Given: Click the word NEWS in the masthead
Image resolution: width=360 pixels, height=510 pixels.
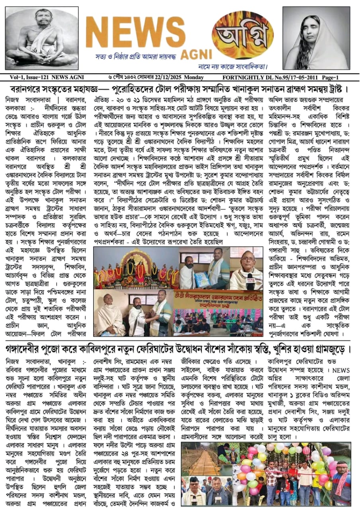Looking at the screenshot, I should pos(135,32).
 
